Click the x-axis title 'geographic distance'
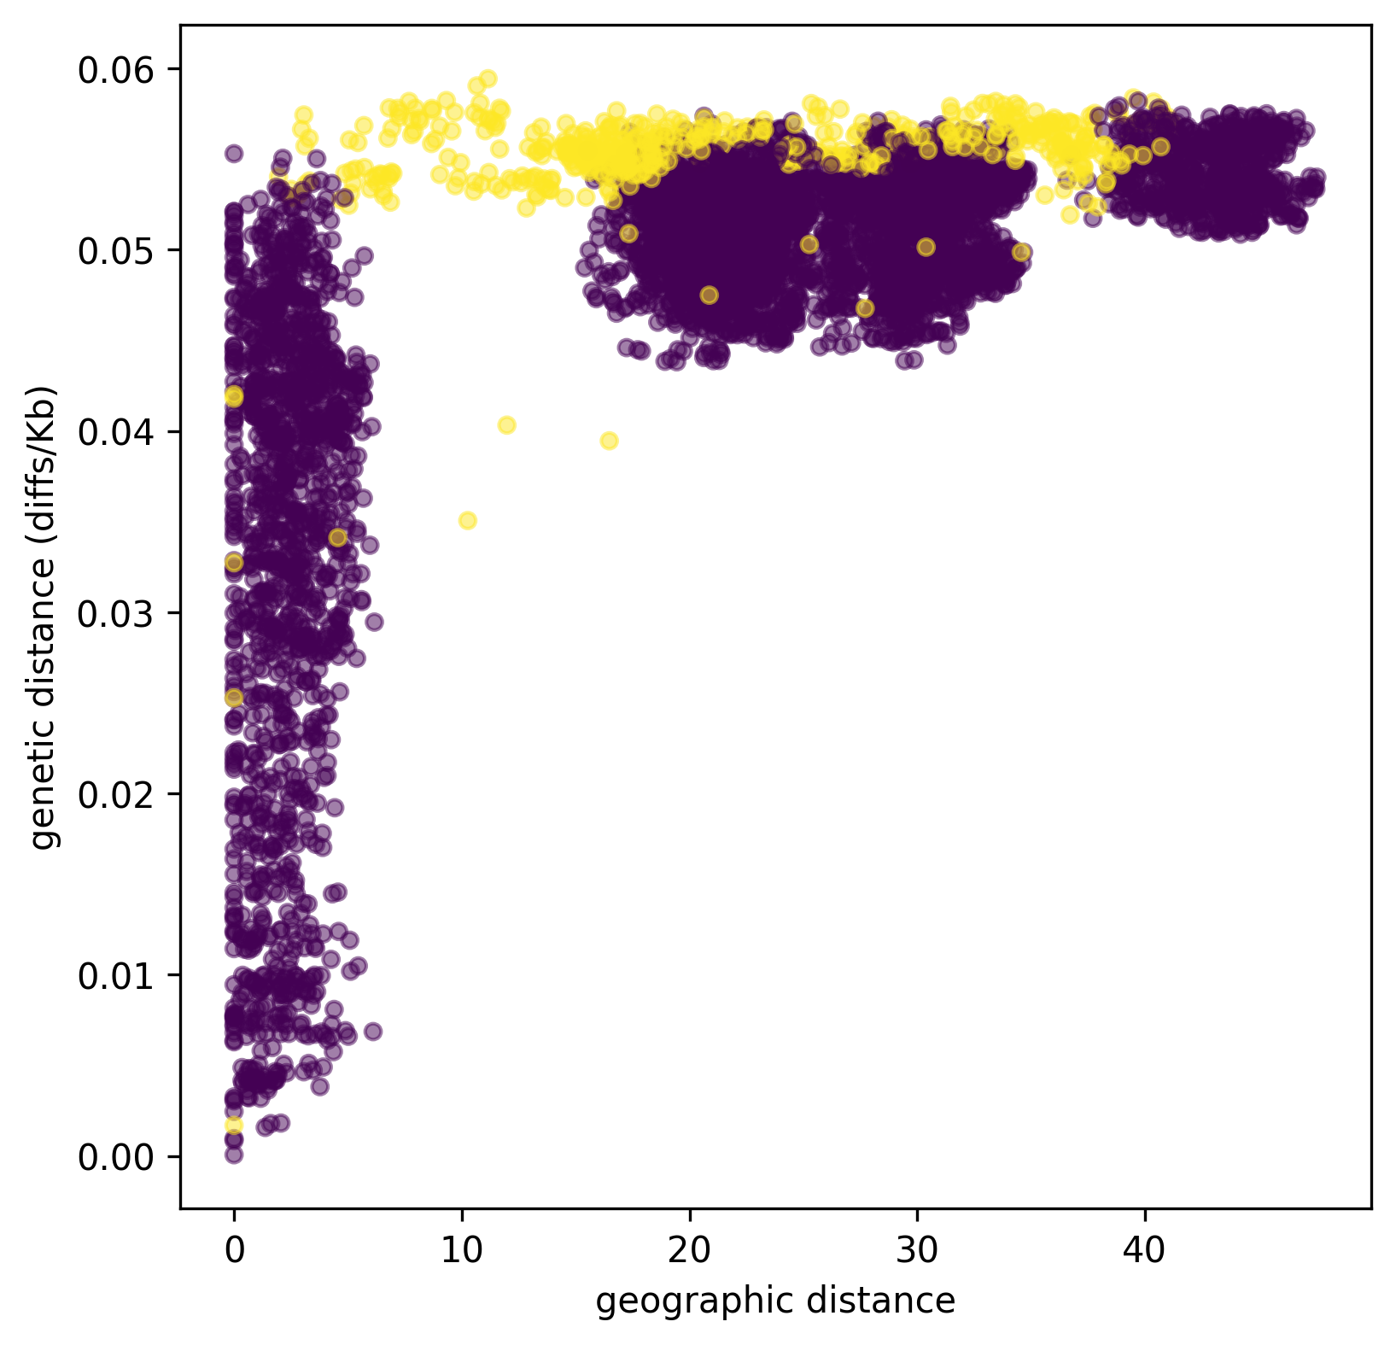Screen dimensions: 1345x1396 (775, 1301)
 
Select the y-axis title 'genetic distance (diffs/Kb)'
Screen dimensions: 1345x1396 (42, 617)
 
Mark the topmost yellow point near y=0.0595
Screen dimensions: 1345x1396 (488, 79)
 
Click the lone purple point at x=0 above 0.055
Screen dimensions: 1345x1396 (234, 154)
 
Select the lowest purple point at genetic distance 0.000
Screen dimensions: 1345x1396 (234, 1155)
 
